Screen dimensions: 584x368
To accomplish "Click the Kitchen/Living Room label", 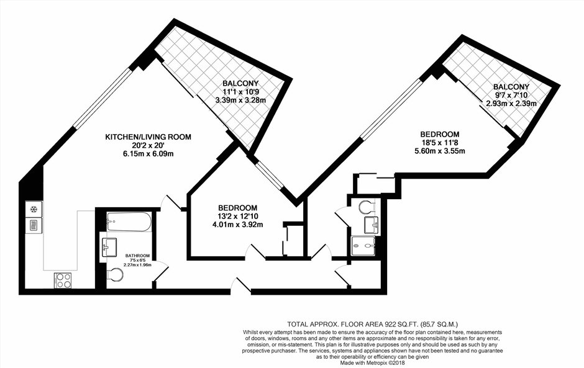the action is (148, 137).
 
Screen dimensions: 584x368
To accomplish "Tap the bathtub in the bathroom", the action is (129, 222).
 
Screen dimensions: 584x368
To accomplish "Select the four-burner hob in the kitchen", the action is (63, 280).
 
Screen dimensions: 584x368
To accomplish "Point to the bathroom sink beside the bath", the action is (109, 248).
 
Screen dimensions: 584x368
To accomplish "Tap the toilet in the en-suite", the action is (367, 207).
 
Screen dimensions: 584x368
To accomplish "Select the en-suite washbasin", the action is (372, 225).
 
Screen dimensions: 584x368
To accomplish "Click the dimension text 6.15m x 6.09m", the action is (148, 153).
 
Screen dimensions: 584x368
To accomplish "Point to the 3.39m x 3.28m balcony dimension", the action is (240, 100).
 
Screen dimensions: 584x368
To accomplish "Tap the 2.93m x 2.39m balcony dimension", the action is (511, 104).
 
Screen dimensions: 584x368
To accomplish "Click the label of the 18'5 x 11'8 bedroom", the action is (440, 134).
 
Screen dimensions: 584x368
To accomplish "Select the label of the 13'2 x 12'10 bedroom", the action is (237, 208).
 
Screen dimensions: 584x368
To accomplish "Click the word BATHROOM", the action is (137, 256).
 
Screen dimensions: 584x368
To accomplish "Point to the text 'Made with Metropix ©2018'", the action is (372, 362).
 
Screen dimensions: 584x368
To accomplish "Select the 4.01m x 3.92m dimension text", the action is (237, 225).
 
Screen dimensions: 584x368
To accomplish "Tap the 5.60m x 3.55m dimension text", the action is (440, 151).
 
